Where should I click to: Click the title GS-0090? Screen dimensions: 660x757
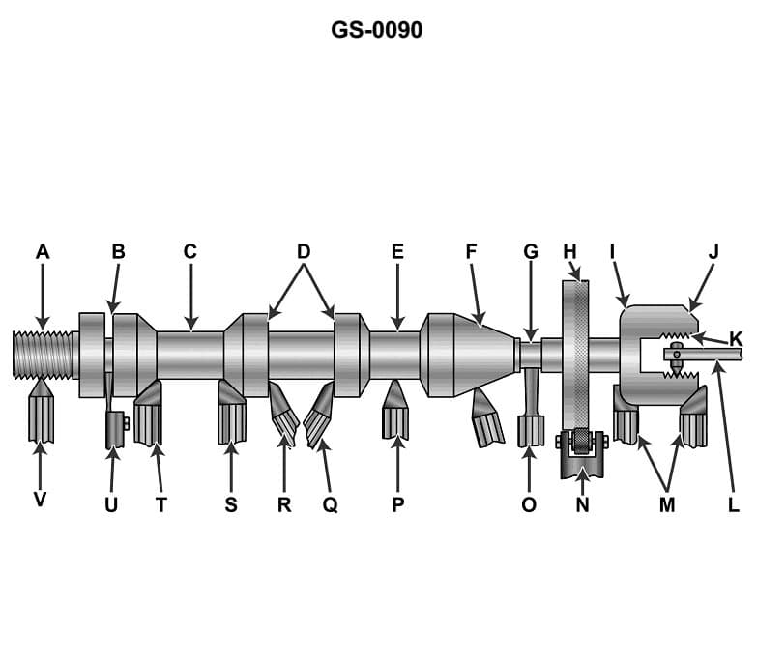pyautogui.click(x=376, y=30)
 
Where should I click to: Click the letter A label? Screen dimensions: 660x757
pyautogui.click(x=42, y=252)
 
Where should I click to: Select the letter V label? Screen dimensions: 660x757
pyautogui.click(x=40, y=500)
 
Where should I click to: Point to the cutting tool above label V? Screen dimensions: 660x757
pyautogui.click(x=41, y=414)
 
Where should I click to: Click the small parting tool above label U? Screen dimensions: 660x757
pyautogui.click(x=114, y=430)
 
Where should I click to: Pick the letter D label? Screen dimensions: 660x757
pyautogui.click(x=304, y=252)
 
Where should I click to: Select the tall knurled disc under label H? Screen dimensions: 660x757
pyautogui.click(x=575, y=353)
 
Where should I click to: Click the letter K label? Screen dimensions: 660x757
pyautogui.click(x=736, y=339)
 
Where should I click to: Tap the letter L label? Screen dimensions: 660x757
pyautogui.click(x=734, y=504)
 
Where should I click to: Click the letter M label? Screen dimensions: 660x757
pyautogui.click(x=667, y=504)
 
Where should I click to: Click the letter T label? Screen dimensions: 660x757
pyautogui.click(x=160, y=504)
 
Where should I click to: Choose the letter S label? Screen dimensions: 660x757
pyautogui.click(x=231, y=504)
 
